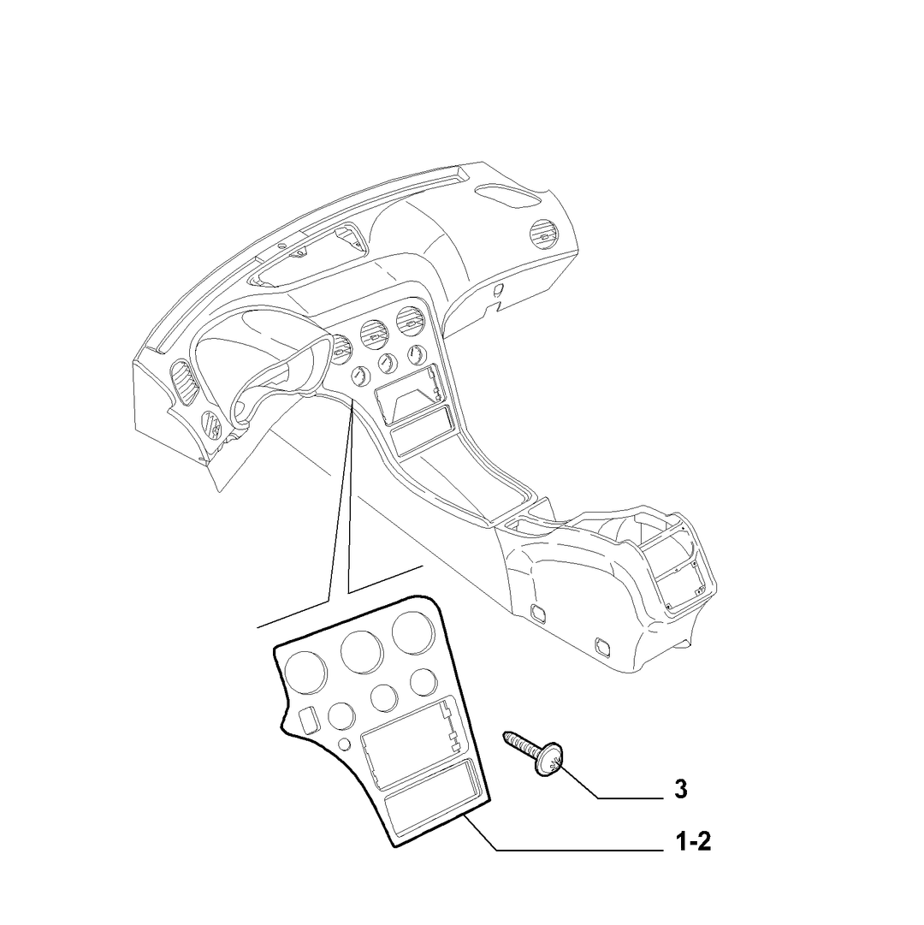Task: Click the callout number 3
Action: click(680, 789)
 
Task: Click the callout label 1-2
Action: click(693, 842)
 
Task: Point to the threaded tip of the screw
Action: click(506, 735)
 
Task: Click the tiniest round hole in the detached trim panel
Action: click(343, 744)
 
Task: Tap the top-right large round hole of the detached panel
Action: click(412, 633)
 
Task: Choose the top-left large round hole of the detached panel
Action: click(305, 673)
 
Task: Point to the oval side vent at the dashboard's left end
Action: click(185, 383)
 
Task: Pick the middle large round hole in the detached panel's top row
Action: click(362, 652)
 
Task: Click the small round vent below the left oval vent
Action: click(210, 423)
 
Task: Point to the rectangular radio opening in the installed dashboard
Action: click(409, 394)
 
